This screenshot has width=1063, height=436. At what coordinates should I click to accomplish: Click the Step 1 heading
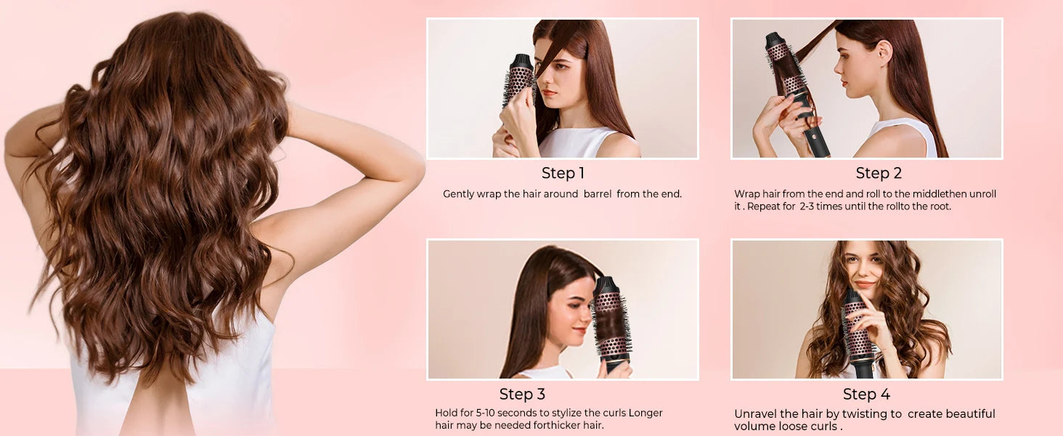(x=563, y=174)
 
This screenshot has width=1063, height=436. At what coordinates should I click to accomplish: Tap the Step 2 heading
(x=879, y=174)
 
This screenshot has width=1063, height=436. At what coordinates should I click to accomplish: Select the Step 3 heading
(x=522, y=394)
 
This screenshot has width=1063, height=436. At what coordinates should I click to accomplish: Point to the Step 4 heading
(x=866, y=394)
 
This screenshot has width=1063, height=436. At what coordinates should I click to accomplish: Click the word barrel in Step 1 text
(x=598, y=194)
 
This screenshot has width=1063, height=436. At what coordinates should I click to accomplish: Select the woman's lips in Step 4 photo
(x=865, y=284)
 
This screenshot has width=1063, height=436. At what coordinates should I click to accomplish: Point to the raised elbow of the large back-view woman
(x=414, y=175)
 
